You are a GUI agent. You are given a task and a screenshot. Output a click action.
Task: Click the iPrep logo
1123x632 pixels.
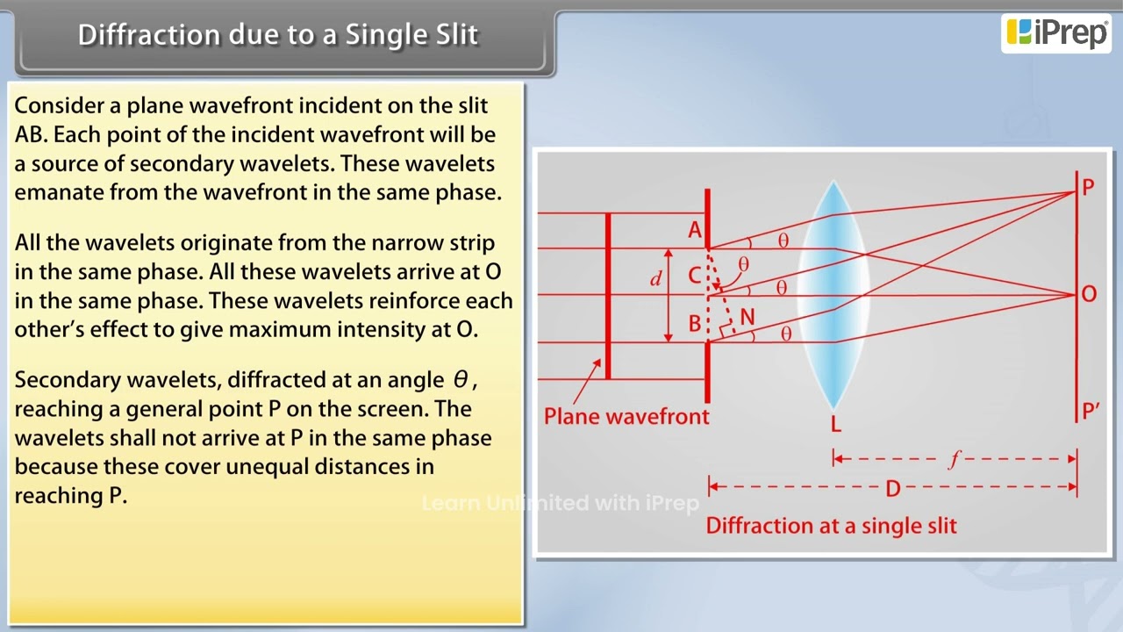(1056, 32)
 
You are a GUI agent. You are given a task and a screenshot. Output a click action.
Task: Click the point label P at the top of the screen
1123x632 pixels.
(1088, 187)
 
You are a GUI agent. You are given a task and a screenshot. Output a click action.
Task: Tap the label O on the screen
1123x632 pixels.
(1089, 294)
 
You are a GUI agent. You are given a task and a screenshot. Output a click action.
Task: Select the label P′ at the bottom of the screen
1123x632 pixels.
(1091, 411)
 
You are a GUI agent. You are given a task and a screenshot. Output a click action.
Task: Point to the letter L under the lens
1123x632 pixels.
(835, 425)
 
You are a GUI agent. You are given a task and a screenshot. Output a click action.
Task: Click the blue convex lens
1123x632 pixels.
(833, 294)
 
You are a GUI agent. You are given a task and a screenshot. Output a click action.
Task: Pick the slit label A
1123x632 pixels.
(695, 231)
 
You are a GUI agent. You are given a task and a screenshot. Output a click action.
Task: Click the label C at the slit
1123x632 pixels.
(694, 276)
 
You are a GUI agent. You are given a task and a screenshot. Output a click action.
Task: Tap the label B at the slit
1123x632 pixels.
(695, 323)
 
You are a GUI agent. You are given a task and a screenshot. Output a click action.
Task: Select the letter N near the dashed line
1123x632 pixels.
(747, 317)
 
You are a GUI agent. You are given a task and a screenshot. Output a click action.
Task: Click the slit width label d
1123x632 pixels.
(655, 279)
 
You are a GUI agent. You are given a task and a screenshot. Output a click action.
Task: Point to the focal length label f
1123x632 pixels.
(955, 459)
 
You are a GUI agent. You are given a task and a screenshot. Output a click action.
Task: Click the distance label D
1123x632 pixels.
(892, 488)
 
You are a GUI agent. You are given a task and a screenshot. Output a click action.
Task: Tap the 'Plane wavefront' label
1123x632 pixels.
(626, 416)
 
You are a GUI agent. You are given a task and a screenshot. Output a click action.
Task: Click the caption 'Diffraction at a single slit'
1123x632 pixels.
(831, 526)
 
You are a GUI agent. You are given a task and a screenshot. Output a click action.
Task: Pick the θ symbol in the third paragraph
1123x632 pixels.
(461, 380)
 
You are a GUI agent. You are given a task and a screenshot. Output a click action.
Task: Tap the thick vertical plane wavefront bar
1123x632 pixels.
(607, 295)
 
